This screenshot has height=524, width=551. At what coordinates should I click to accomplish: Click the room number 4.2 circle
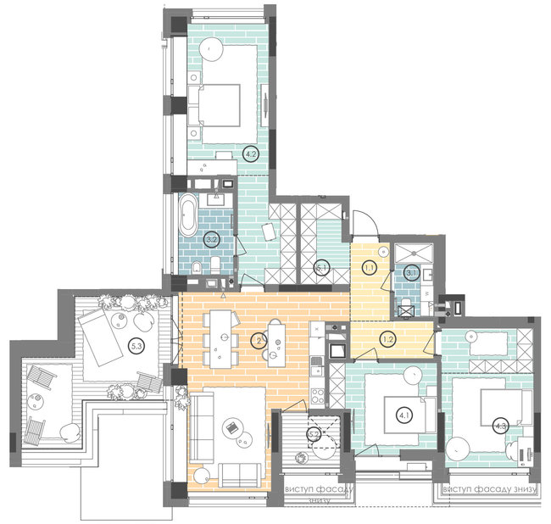pos(250,154)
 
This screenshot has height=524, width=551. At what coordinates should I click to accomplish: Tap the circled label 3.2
pos(214,240)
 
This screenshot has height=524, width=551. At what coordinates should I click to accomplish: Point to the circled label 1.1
pos(370,269)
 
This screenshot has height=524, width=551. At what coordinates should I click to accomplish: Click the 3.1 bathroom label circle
pos(412,272)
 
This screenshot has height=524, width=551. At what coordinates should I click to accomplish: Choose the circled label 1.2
pos(388,339)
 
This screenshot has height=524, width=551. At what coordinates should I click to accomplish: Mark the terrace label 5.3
pos(136,345)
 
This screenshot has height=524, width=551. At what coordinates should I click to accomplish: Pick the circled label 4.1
pos(404,415)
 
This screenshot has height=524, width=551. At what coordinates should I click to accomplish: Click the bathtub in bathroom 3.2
pos(188,215)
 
